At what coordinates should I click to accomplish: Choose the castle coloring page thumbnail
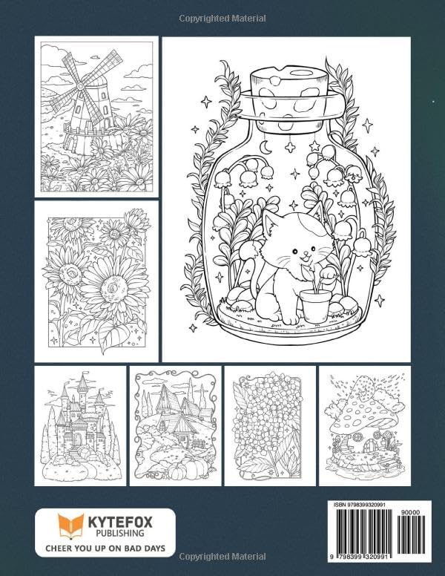pyautogui.click(x=80, y=425)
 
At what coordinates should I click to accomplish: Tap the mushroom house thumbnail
pyautogui.click(x=364, y=425)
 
